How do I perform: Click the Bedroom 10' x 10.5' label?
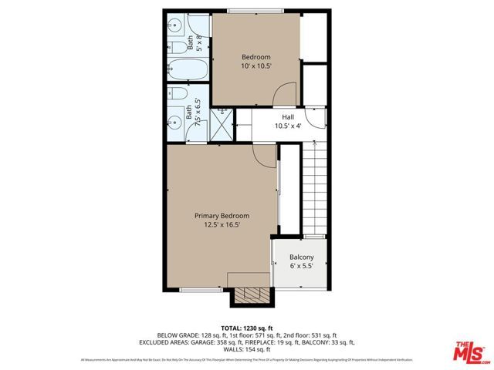pyautogui.click(x=255, y=61)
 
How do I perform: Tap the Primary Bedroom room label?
pyautogui.click(x=222, y=220)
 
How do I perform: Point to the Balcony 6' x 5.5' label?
pyautogui.click(x=301, y=261)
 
